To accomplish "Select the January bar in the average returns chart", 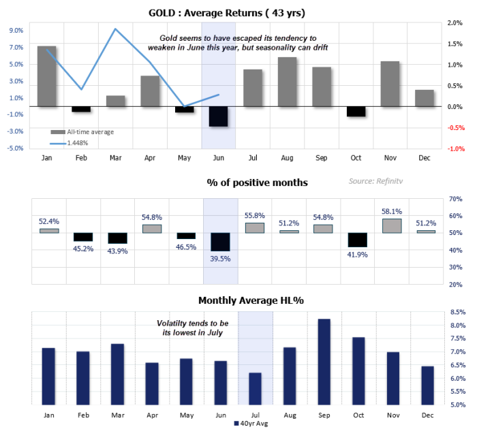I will [x=47, y=76].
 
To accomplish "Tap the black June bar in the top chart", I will [x=219, y=116].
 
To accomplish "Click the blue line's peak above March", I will [x=115, y=29].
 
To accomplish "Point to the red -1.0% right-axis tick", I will [x=455, y=148].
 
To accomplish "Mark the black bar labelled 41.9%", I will [x=357, y=240].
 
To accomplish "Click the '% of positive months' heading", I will [x=257, y=183].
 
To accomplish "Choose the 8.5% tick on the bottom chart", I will [x=457, y=312].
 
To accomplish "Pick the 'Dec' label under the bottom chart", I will [x=427, y=415].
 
